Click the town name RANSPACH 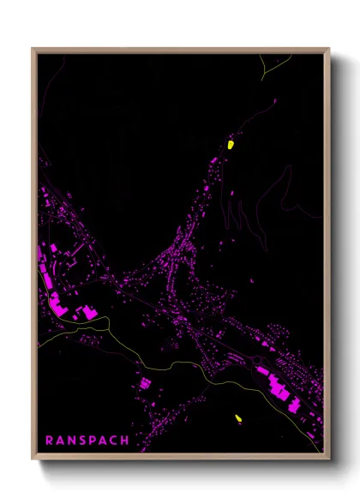click(87, 441)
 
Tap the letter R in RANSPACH click(49, 441)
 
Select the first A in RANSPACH click(60, 441)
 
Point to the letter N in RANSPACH click(71, 441)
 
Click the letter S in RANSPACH click(82, 441)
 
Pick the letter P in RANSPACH click(93, 441)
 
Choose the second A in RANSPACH click(104, 441)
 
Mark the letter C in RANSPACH click(115, 441)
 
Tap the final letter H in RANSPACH click(126, 441)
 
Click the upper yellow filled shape click(230, 144)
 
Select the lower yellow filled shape click(238, 418)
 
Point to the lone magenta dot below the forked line click(275, 101)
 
